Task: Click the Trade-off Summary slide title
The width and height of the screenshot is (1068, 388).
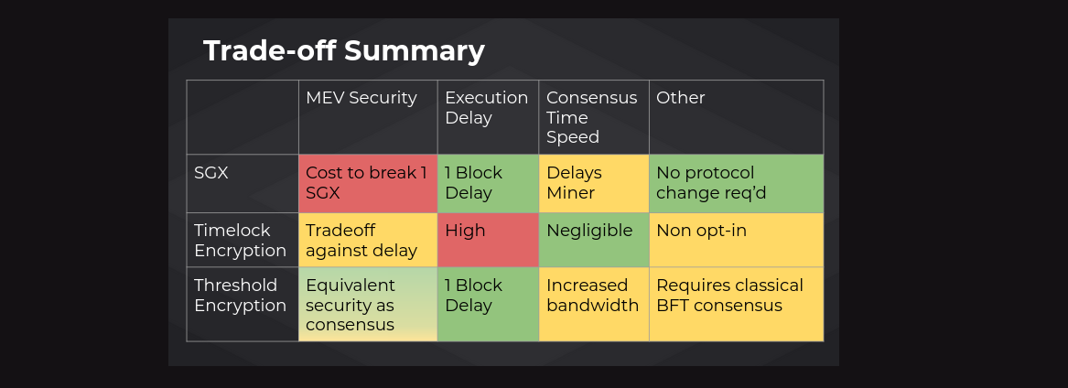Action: [x=344, y=51]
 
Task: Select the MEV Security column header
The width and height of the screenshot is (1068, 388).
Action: [x=361, y=98]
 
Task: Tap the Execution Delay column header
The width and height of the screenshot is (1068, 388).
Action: [x=486, y=108]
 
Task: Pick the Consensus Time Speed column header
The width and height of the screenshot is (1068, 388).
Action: [x=591, y=117]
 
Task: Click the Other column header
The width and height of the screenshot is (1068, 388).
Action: [x=681, y=98]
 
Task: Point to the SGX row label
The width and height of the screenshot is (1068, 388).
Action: [x=211, y=173]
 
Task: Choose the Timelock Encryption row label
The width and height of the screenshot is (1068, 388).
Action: [x=240, y=241]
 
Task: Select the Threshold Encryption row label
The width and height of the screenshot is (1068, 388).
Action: [x=240, y=295]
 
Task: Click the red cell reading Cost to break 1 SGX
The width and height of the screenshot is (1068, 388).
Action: [x=368, y=184]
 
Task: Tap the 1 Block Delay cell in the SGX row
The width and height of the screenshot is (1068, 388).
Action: [x=488, y=184]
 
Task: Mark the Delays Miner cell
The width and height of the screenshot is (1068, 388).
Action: [x=594, y=184]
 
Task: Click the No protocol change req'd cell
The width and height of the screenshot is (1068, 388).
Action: [x=737, y=184]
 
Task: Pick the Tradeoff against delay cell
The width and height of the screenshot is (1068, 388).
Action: [x=368, y=241]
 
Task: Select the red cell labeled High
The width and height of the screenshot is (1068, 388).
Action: [x=488, y=241]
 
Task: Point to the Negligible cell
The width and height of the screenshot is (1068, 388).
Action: [x=594, y=241]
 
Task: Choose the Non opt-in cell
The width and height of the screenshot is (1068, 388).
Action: [x=737, y=241]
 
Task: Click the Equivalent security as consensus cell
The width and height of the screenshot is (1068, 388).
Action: [x=368, y=305]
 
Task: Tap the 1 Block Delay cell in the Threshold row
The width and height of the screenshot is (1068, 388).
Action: [x=488, y=305]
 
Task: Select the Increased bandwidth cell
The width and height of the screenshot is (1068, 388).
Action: [x=594, y=305]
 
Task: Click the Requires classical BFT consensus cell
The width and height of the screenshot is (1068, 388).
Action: [x=737, y=305]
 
